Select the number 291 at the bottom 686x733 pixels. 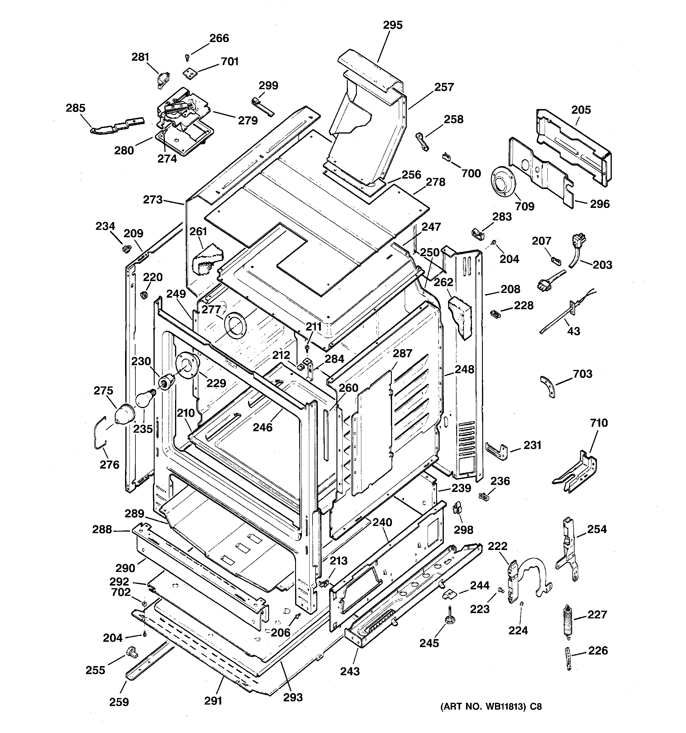(x=213, y=700)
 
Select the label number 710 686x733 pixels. (x=598, y=423)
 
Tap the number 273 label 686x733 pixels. (x=153, y=200)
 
